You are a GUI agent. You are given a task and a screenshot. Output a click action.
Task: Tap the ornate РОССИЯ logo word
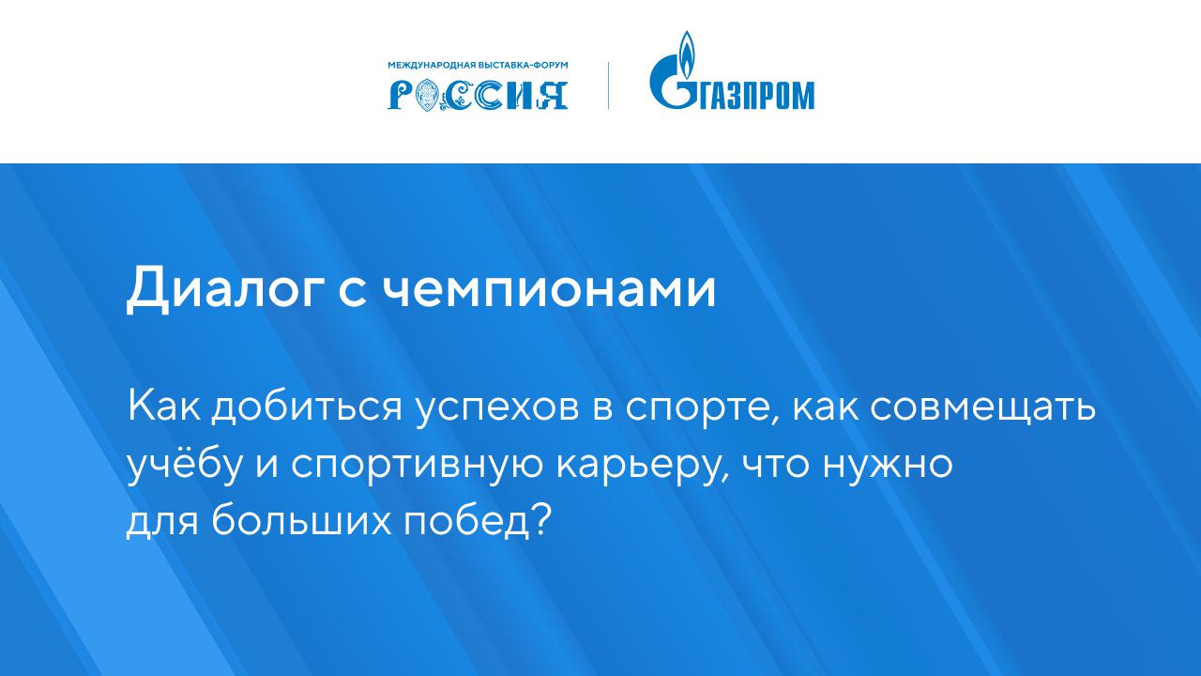[x=478, y=94]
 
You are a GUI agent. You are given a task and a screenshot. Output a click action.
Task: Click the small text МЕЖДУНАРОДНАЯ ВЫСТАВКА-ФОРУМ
[x=478, y=66]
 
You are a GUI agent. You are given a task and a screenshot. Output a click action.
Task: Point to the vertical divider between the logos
[x=608, y=84]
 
